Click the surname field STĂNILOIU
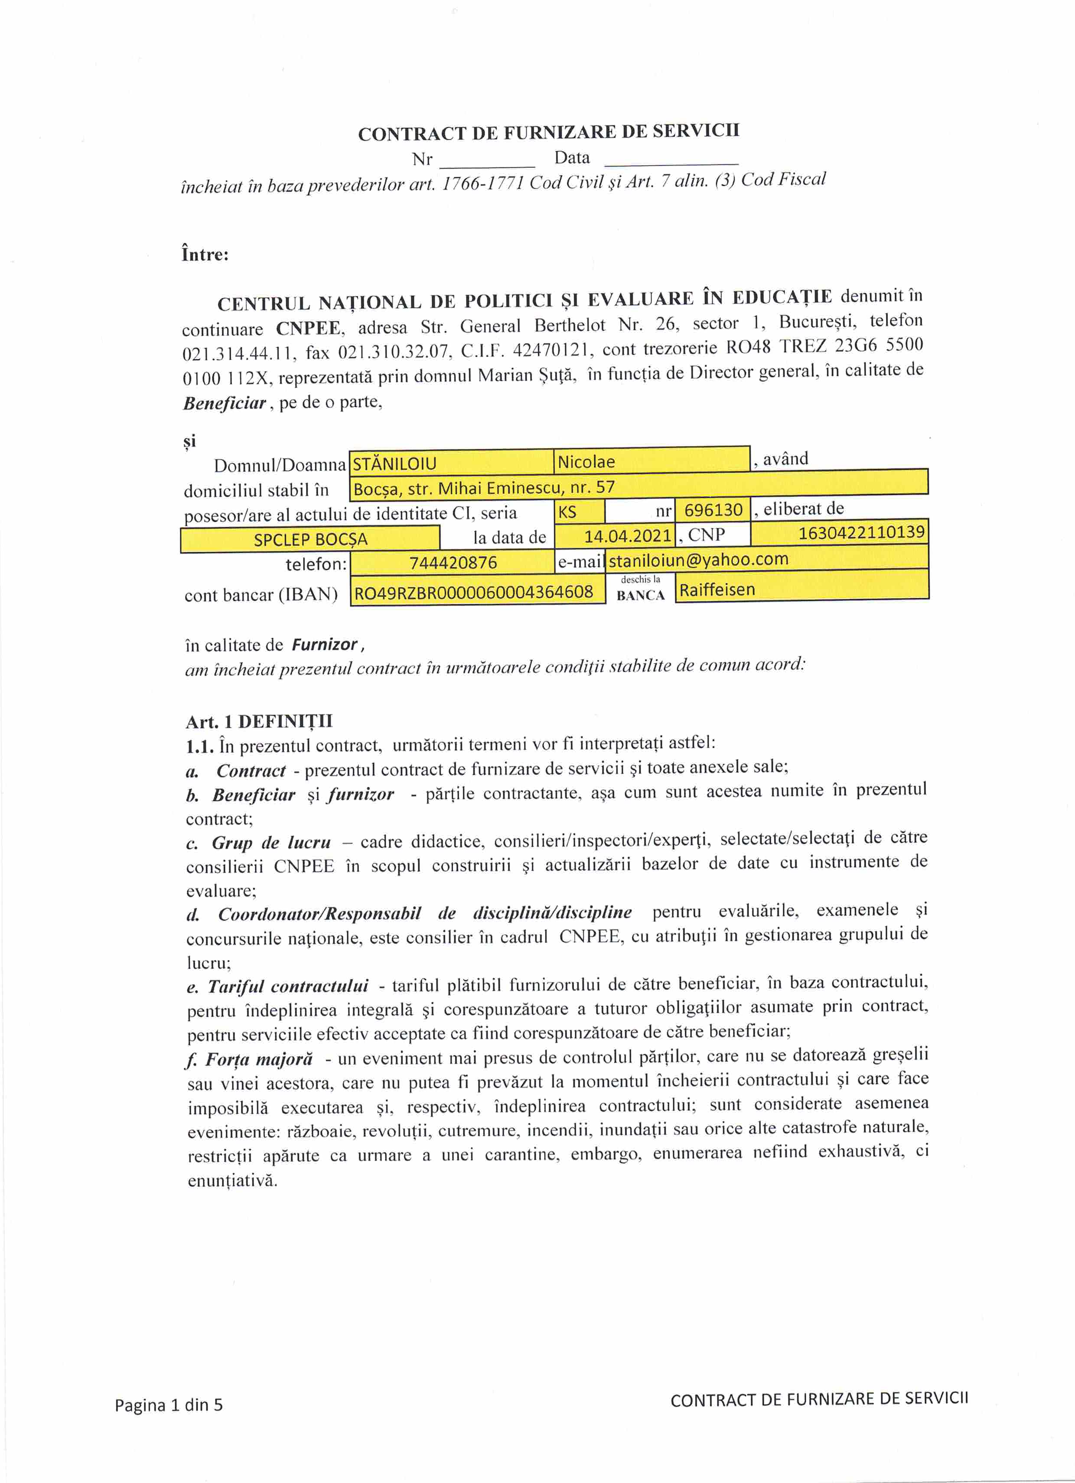(x=452, y=463)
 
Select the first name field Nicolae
(x=651, y=461)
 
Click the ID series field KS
(x=579, y=511)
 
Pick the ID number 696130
(x=713, y=509)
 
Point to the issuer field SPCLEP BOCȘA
(x=310, y=539)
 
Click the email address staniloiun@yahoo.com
(x=699, y=559)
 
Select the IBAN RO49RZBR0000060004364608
(x=474, y=592)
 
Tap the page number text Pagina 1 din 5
(x=169, y=1405)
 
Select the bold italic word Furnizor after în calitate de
(x=325, y=645)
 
